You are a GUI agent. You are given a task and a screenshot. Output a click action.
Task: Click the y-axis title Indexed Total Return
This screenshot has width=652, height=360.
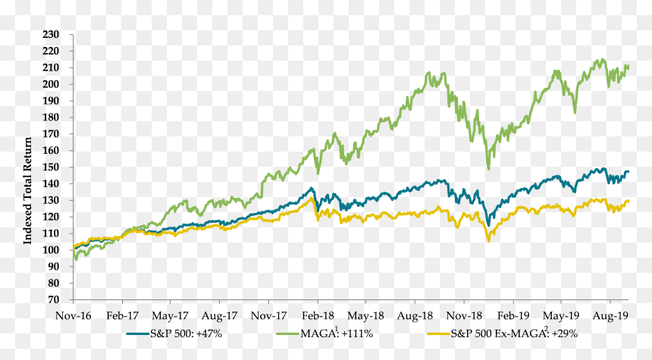[27, 191]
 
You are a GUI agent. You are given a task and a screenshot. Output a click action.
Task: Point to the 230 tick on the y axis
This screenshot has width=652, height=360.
[51, 35]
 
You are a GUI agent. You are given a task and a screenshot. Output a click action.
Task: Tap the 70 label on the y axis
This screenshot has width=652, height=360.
[53, 299]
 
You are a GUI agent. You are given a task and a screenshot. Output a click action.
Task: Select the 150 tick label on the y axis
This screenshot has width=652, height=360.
[51, 167]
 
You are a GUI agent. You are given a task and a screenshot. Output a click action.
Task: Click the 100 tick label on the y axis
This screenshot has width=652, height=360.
[51, 250]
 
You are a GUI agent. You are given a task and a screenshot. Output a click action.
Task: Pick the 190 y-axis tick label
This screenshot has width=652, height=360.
[51, 101]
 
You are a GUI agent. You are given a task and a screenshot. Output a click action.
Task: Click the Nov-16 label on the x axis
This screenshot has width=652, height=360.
[74, 315]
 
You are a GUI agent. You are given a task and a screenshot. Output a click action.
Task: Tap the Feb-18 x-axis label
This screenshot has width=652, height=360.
[318, 315]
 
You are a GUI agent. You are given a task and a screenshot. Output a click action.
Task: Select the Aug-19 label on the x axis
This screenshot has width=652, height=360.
[610, 315]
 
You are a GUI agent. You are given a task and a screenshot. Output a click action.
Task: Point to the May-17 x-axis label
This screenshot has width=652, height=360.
[170, 315]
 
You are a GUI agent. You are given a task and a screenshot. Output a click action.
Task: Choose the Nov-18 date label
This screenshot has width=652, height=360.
[464, 315]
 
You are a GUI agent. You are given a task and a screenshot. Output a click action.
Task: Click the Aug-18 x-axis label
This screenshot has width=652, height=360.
[415, 315]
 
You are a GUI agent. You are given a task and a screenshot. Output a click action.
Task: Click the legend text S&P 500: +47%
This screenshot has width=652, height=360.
[187, 333]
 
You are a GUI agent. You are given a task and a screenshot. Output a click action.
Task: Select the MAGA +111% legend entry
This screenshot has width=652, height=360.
[337, 333]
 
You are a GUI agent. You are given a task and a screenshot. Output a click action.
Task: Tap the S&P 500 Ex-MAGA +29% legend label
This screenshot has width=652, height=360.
[514, 333]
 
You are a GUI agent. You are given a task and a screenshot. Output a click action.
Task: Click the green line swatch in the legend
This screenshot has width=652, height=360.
[288, 333]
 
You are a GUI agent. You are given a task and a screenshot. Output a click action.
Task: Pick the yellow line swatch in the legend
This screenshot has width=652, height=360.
[438, 333]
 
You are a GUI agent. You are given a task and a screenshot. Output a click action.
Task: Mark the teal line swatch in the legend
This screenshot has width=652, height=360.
[138, 333]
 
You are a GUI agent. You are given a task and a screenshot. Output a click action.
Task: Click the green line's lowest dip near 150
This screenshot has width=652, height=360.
[488, 169]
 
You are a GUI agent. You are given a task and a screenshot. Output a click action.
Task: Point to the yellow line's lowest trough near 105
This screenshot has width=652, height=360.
[488, 241]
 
